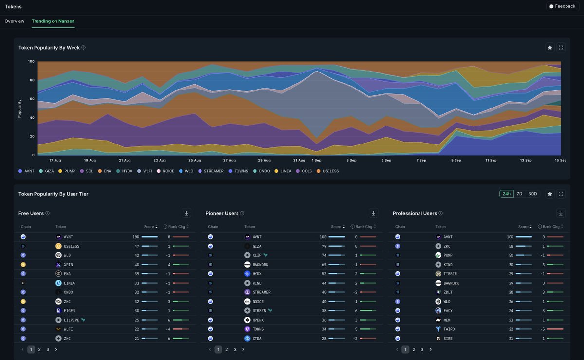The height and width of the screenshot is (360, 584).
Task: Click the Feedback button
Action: point(563,6)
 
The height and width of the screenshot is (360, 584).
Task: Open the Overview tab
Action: point(15,21)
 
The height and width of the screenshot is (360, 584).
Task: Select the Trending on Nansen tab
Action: point(53,21)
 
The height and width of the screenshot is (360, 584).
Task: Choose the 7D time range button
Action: point(519,194)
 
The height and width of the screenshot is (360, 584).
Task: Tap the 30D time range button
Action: point(533,194)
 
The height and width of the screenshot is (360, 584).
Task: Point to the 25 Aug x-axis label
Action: point(194,160)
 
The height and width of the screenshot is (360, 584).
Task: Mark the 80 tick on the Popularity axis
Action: point(31,80)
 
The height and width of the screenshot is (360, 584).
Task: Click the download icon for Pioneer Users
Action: point(373,213)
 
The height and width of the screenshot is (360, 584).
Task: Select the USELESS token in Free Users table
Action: point(71,246)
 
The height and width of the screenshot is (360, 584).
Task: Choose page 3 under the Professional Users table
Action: point(422,349)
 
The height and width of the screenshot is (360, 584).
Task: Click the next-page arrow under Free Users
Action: point(56,349)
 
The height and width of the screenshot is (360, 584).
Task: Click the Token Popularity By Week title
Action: point(49,48)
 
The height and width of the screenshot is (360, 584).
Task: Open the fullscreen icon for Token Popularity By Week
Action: point(561,48)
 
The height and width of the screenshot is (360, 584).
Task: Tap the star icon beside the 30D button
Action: point(550,194)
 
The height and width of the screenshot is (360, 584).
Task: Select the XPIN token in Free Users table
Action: point(69,265)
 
